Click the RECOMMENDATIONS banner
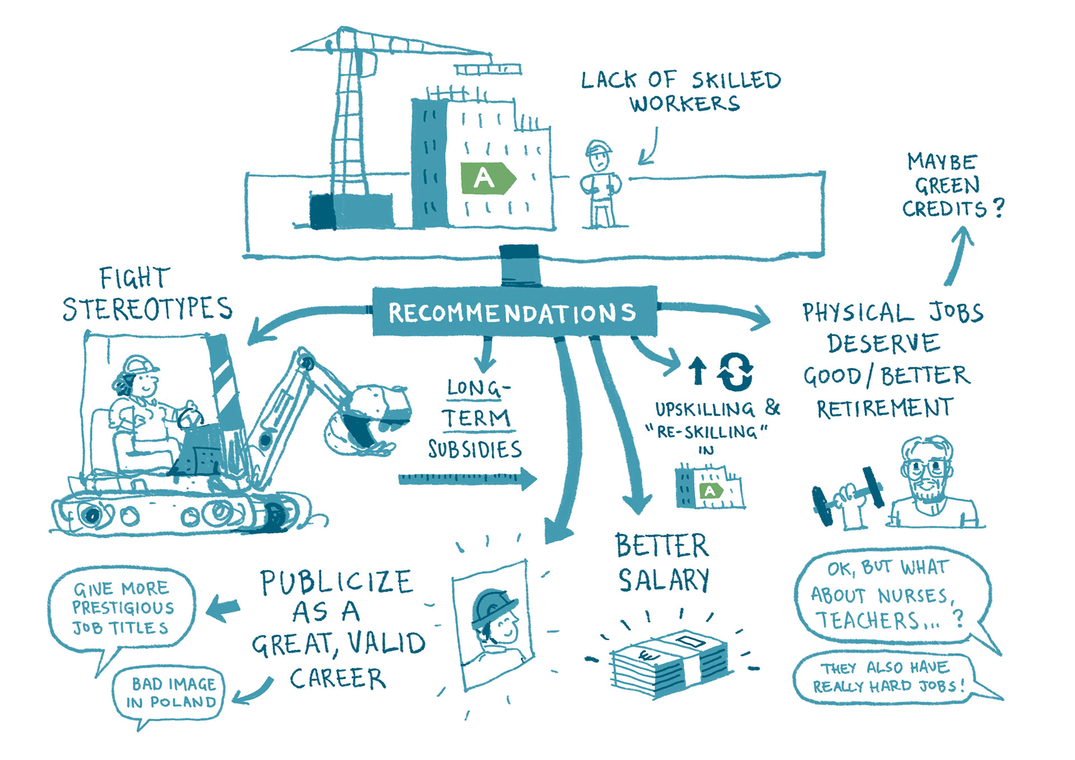(514, 311)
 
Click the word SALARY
(664, 580)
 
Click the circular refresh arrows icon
(735, 371)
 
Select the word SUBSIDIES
(475, 449)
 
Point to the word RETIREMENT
(885, 408)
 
